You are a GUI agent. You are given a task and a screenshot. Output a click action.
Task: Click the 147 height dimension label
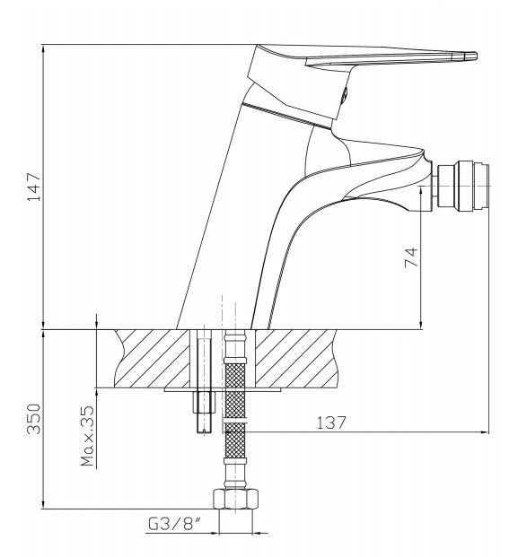click(x=34, y=187)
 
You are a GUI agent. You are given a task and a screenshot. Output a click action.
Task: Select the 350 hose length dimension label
click(x=34, y=419)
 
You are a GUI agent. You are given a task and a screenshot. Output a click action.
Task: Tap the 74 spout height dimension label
click(x=411, y=257)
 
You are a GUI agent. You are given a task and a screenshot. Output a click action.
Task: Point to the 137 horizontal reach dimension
click(x=331, y=422)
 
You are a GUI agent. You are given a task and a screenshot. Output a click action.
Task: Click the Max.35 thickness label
click(x=87, y=436)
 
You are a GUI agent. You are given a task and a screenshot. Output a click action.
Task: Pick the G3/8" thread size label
click(x=174, y=524)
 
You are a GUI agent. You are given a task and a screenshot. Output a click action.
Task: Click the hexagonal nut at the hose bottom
click(x=235, y=499)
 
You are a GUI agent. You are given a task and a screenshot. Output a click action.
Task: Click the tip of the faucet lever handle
click(x=476, y=56)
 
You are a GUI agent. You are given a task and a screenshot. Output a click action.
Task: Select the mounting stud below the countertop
click(x=205, y=412)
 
